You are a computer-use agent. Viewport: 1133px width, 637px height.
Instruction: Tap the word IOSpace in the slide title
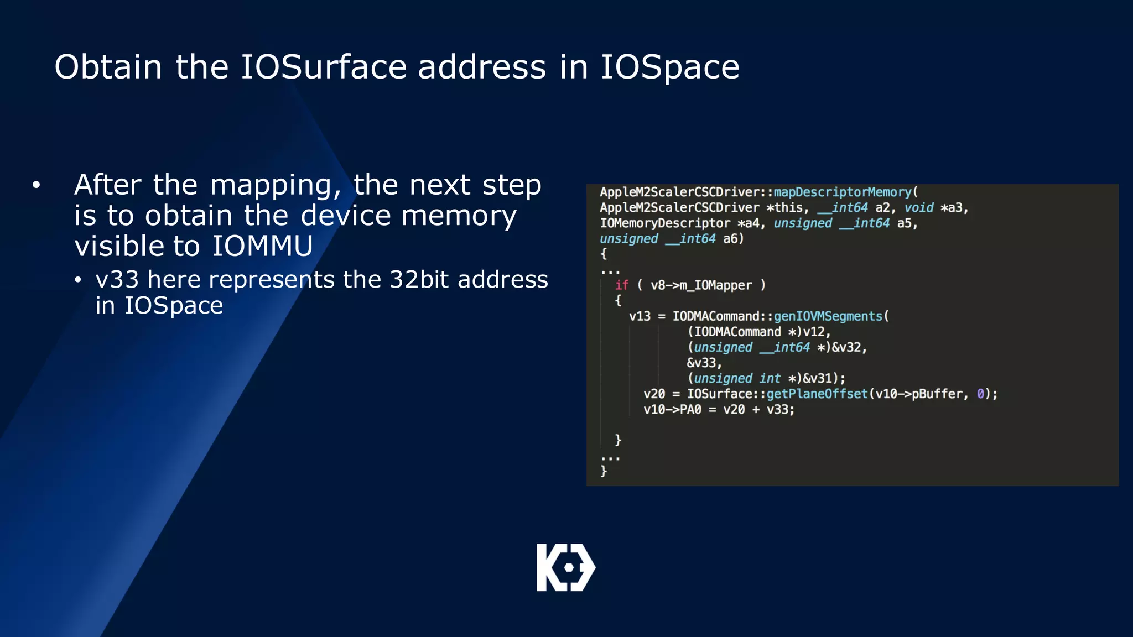click(x=670, y=67)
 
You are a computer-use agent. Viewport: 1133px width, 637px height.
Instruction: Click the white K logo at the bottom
click(x=565, y=567)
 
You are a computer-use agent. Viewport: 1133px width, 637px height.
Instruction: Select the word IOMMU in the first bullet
click(x=262, y=246)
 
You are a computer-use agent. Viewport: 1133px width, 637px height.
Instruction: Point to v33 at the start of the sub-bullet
click(x=117, y=280)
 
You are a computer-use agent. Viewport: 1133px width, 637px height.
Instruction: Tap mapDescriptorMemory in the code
click(x=842, y=192)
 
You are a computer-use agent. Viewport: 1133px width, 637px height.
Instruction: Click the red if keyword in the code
click(x=622, y=285)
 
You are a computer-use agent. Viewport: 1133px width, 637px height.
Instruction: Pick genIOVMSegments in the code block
click(x=828, y=316)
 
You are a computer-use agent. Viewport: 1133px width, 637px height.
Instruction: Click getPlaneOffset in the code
click(x=817, y=394)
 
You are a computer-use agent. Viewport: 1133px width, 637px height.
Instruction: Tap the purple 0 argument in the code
click(x=980, y=394)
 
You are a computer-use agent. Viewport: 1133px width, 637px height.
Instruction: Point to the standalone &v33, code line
click(x=704, y=363)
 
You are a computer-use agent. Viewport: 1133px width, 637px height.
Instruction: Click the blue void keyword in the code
click(x=918, y=208)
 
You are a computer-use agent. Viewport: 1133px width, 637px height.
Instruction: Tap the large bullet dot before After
click(x=37, y=185)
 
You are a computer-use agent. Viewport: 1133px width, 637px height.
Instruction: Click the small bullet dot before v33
click(x=78, y=280)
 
